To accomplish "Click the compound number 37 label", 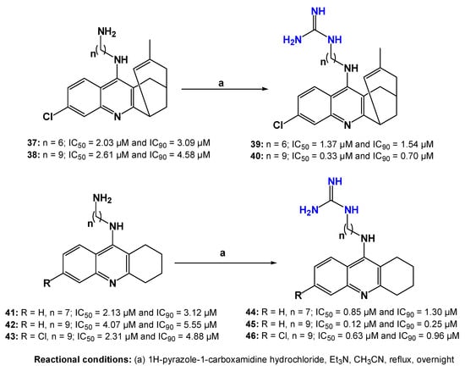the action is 32,143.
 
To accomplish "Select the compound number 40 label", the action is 256,156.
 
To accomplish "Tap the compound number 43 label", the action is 12,336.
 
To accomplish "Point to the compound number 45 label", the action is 252,324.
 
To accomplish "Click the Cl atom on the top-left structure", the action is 48,117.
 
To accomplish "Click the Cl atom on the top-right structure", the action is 278,125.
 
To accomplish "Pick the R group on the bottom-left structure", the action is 46,283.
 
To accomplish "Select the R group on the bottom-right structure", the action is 298,295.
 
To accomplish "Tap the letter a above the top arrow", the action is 221,83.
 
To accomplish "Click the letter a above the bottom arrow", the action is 222,252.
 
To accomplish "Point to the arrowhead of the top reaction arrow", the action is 265,89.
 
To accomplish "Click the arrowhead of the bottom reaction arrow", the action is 273,263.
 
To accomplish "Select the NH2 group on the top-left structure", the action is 107,32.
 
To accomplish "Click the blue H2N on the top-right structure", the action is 293,40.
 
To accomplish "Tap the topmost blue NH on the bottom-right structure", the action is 335,181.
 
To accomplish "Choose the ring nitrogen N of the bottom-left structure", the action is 112,283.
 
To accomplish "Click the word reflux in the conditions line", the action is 402,360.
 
